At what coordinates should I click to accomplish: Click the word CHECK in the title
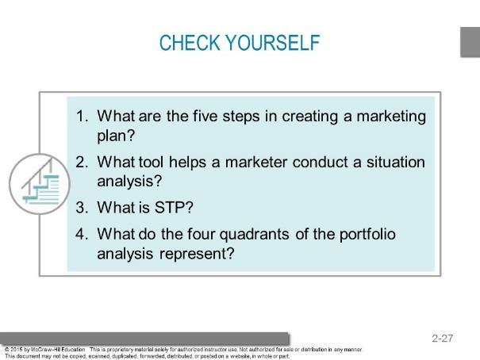tap(190, 43)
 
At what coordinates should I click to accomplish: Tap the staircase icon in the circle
tap(40, 184)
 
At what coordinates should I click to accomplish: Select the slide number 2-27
tap(443, 338)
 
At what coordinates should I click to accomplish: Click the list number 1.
tap(82, 117)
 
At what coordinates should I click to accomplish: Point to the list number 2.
tap(82, 162)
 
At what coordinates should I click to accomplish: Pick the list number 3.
tap(82, 208)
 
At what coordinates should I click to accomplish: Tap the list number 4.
tap(82, 234)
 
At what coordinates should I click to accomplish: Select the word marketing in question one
tap(391, 117)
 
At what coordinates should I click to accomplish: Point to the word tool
tap(151, 162)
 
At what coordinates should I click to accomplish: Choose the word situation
tap(396, 162)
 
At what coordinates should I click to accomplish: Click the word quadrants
tap(255, 235)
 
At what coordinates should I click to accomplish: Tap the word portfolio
tap(367, 235)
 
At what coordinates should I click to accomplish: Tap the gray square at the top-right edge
tap(470, 42)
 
